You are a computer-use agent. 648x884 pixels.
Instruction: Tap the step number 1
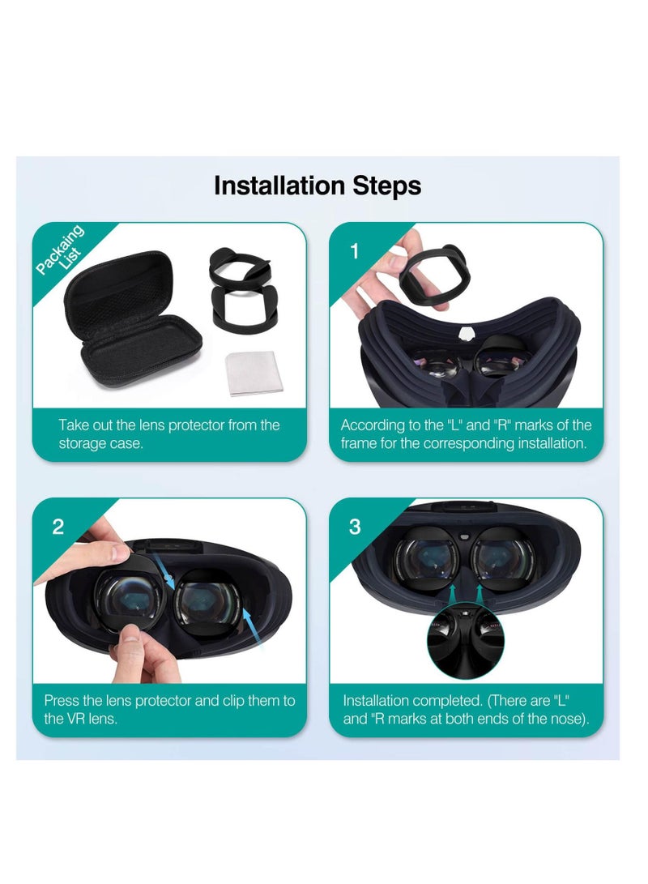click(x=354, y=251)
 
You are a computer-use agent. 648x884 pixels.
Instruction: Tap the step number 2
click(x=58, y=527)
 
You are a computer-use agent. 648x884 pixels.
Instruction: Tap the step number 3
click(x=354, y=527)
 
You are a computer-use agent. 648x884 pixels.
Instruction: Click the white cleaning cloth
click(x=254, y=374)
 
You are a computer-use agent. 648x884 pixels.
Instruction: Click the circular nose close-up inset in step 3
click(x=466, y=640)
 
